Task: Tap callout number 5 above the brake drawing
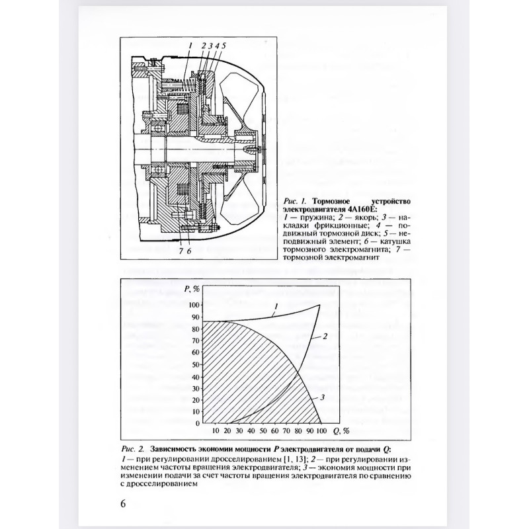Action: [x=224, y=45]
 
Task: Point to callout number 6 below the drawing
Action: [x=189, y=250]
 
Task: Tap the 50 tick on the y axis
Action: [x=196, y=364]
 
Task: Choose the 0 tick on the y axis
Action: [x=198, y=423]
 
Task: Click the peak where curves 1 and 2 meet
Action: [x=320, y=305]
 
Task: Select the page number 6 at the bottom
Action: [x=123, y=503]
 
